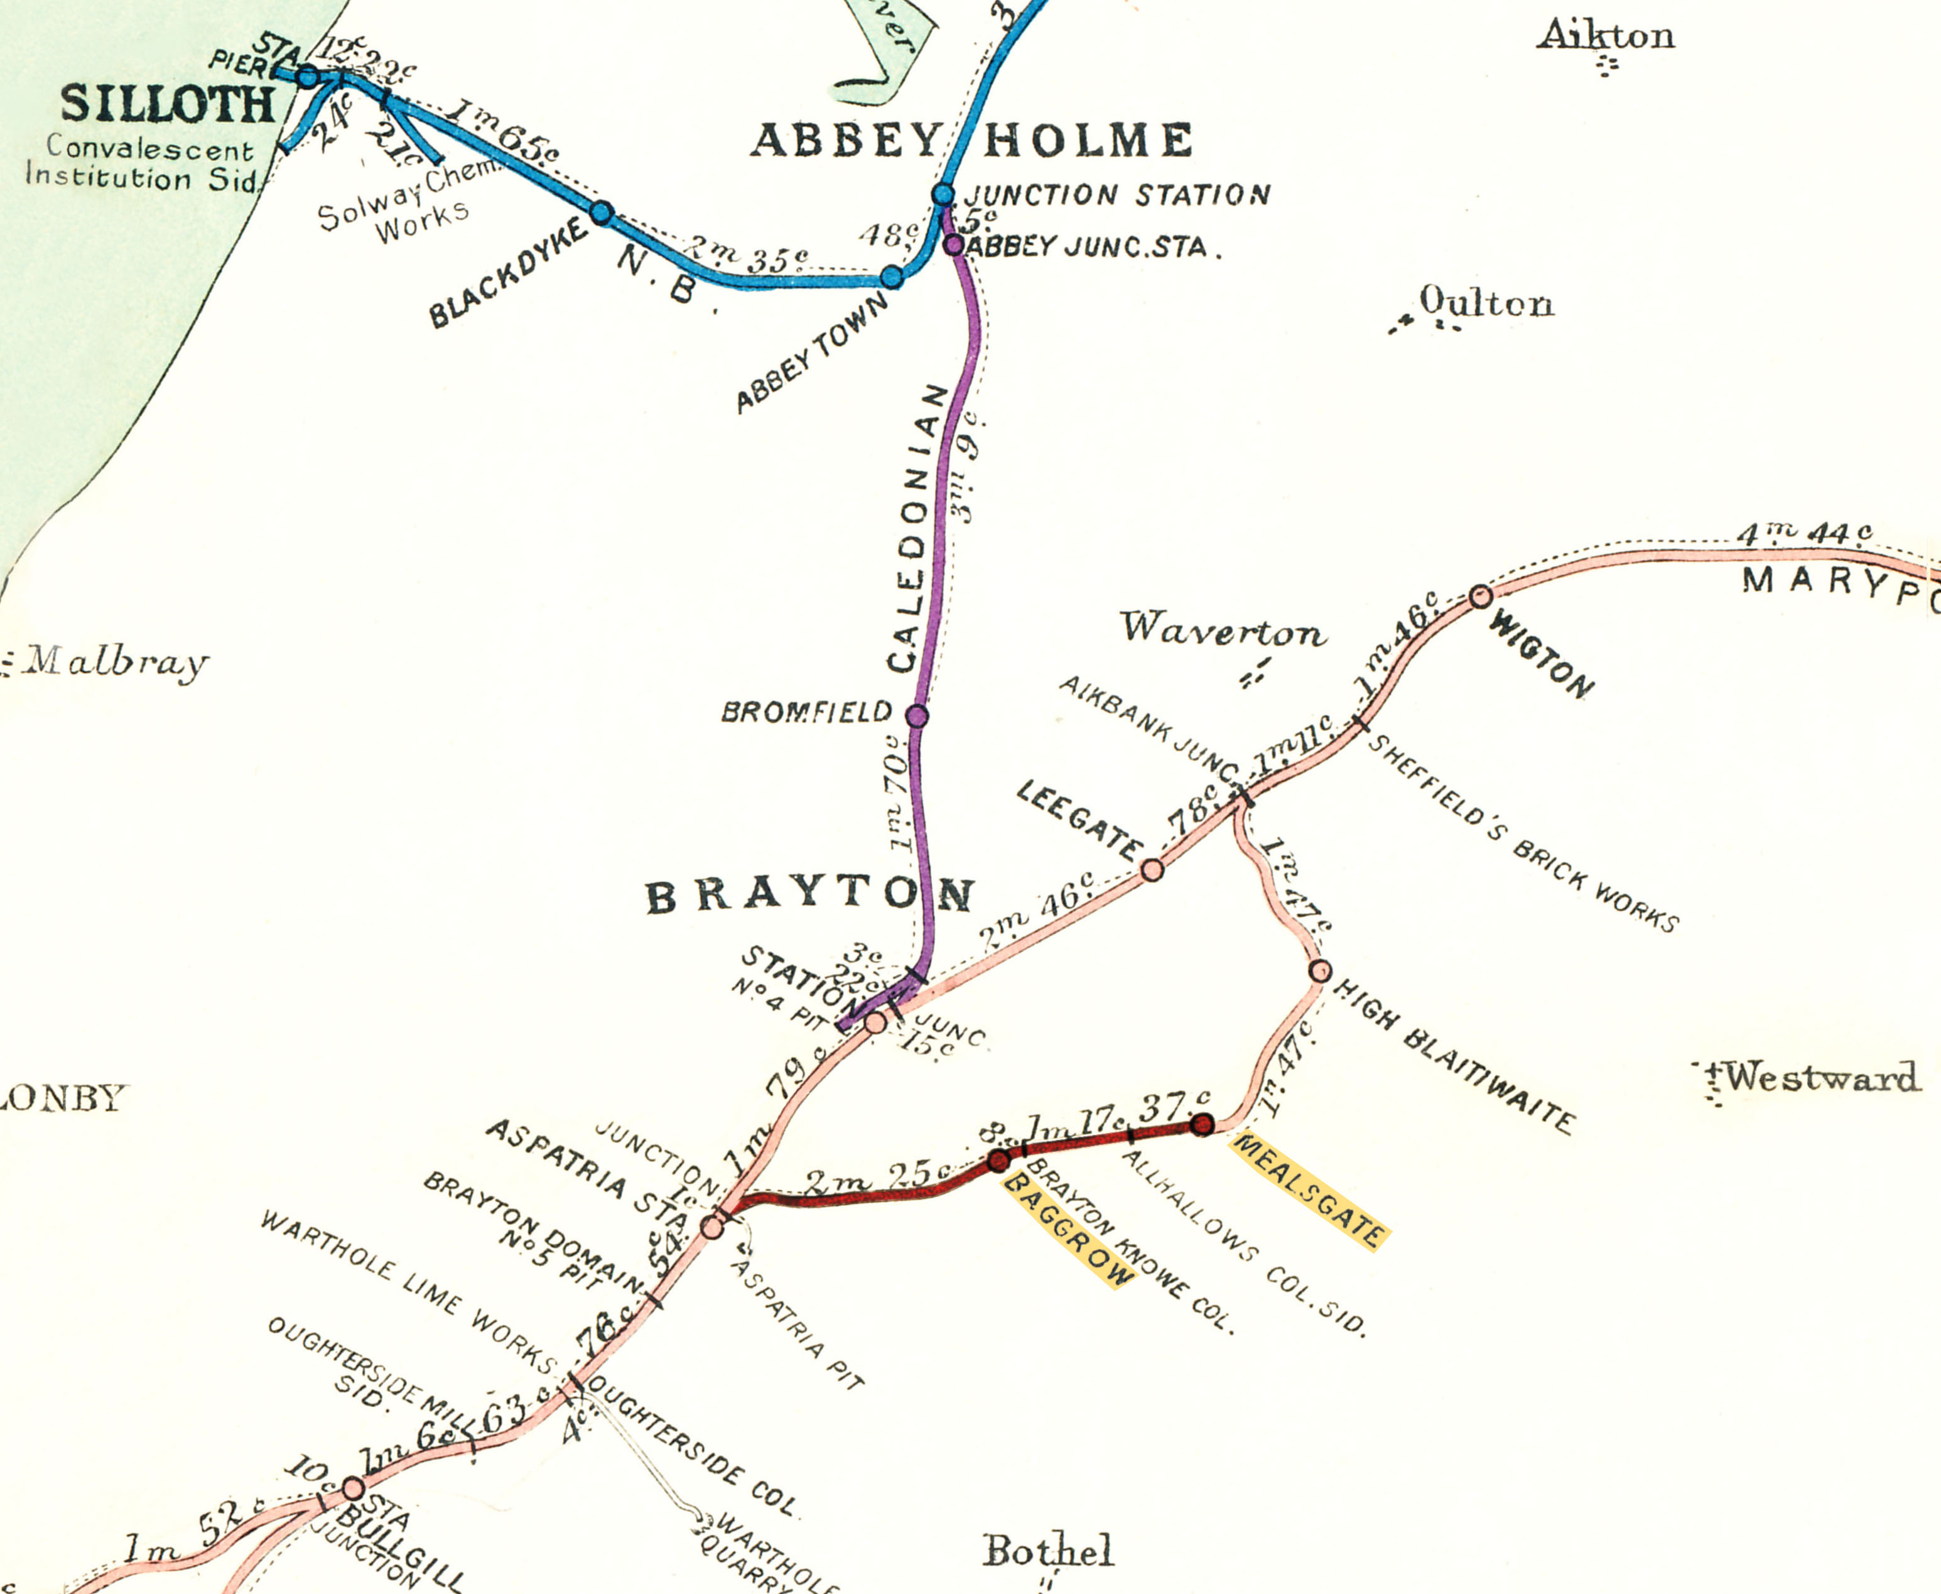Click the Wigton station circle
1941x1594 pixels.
(x=1480, y=597)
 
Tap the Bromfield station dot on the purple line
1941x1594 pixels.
(x=916, y=716)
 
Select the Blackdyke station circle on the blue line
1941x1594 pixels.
(x=602, y=213)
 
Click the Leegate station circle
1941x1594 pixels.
(x=1152, y=869)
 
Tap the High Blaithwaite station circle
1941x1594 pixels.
(x=1319, y=970)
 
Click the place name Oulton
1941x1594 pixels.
(x=1486, y=302)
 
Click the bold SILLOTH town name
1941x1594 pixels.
(x=168, y=105)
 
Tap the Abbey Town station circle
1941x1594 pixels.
(x=892, y=276)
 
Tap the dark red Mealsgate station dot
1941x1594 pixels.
(x=1202, y=1124)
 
